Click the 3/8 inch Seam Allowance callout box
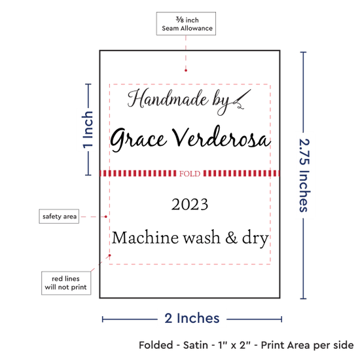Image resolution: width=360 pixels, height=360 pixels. [186, 24]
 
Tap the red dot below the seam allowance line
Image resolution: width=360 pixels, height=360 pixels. [186, 70]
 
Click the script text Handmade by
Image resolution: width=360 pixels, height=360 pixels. [179, 101]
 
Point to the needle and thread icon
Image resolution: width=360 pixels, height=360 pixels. [242, 99]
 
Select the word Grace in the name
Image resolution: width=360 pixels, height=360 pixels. [139, 139]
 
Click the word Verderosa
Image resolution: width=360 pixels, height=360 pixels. [221, 137]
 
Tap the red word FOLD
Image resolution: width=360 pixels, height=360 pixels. [190, 173]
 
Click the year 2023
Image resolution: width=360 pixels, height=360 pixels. [190, 204]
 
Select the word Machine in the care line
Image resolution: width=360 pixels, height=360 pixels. [145, 238]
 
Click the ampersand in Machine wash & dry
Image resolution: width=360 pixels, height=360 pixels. [231, 238]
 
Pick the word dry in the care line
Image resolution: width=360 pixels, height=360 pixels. [255, 239]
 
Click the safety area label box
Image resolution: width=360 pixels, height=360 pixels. [59, 216]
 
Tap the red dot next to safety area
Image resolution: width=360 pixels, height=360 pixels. [105, 217]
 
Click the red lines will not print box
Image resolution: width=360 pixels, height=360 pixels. [66, 283]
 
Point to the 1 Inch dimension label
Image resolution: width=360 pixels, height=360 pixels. [88, 129]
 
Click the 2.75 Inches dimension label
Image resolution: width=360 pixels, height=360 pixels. [304, 175]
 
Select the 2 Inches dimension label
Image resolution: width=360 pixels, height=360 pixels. [192, 318]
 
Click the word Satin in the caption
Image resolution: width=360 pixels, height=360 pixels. [196, 345]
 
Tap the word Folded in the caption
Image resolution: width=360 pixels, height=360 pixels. [156, 345]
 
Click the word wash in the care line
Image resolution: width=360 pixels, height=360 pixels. [202, 238]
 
